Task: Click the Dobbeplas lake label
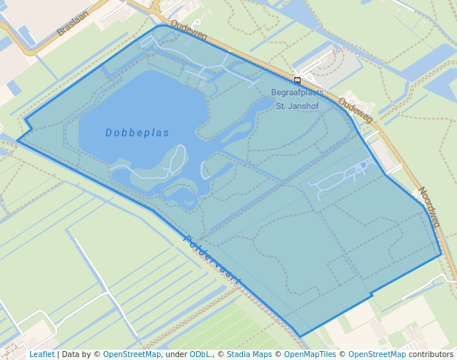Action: (137, 133)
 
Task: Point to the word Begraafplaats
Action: (297, 93)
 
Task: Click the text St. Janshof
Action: (296, 106)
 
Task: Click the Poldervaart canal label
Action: (212, 260)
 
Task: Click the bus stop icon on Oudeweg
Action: (297, 79)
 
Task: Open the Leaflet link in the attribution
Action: (41, 354)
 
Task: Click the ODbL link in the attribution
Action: (200, 354)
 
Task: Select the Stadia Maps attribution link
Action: (249, 354)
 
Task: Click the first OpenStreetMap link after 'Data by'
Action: (132, 354)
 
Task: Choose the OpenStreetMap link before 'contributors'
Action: (377, 354)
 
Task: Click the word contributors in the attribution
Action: (431, 354)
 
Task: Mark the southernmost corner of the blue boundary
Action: (300, 336)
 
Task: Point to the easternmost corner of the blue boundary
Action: (441, 254)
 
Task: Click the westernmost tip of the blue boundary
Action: (17, 141)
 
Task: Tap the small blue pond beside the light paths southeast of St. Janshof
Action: (363, 164)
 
